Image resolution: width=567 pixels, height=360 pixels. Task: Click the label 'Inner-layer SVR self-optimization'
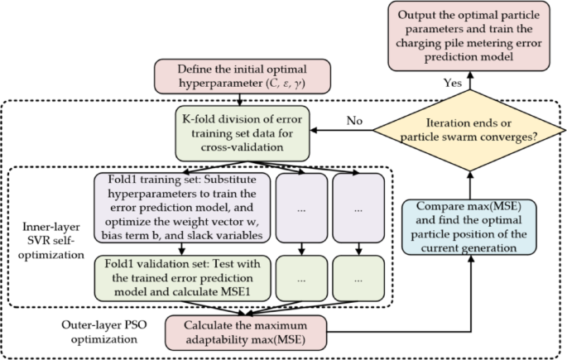48,235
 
